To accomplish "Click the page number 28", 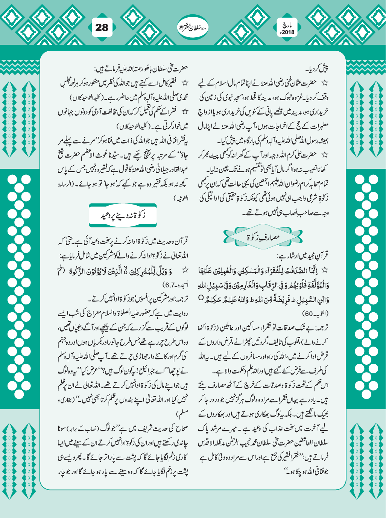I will (102, 28).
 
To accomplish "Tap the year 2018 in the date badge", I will (288, 32).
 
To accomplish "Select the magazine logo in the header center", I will (193, 27).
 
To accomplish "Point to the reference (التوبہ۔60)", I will (313, 313).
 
